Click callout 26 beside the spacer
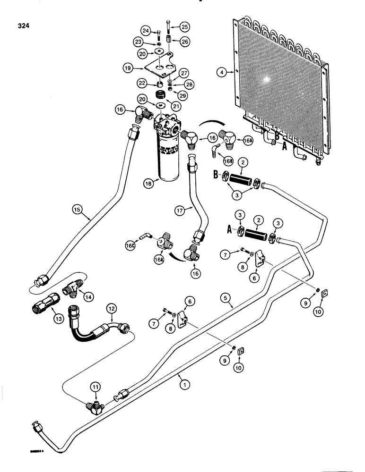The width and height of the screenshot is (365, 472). pos(184,42)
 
